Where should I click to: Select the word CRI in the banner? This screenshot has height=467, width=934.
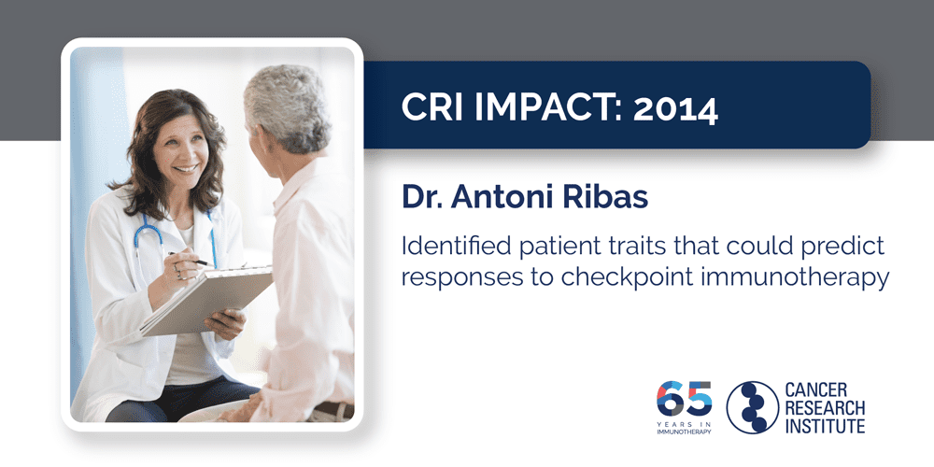pos(430,109)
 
